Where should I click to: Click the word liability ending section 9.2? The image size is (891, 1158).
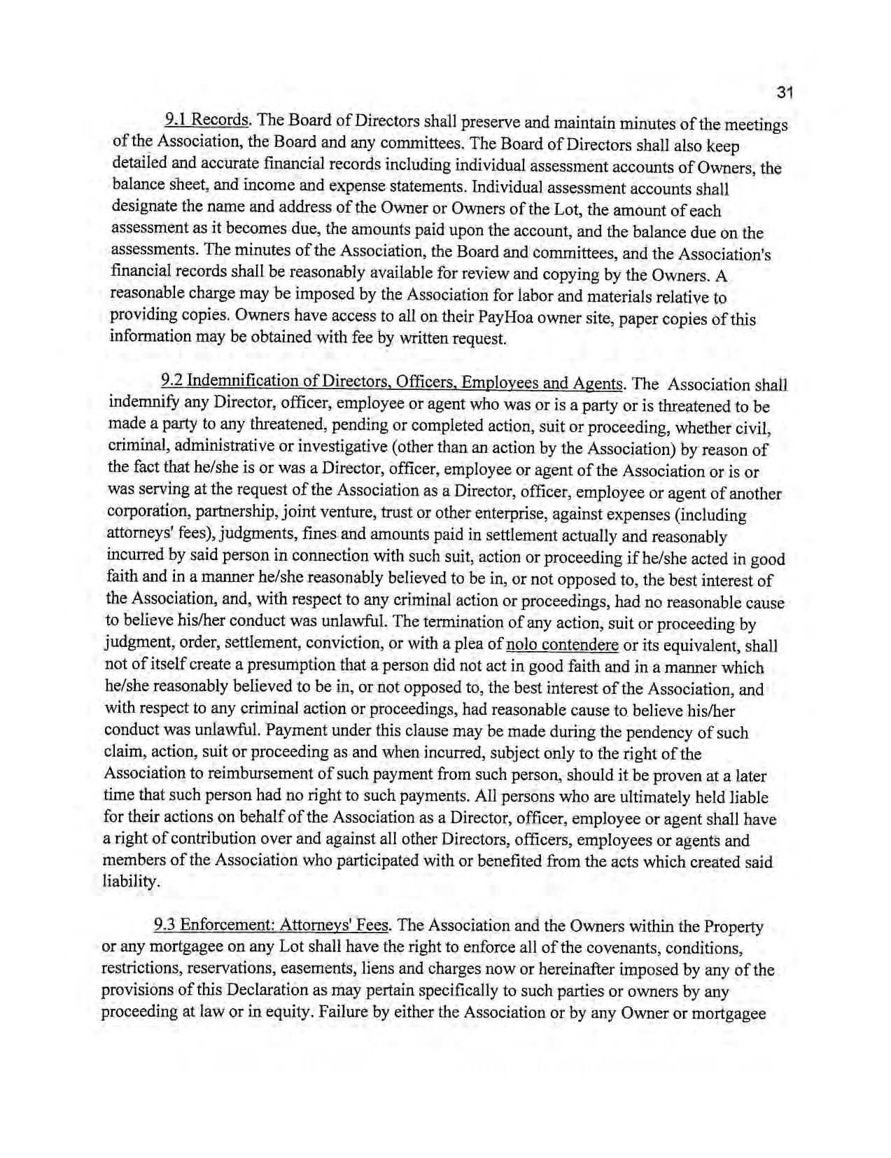tap(127, 882)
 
